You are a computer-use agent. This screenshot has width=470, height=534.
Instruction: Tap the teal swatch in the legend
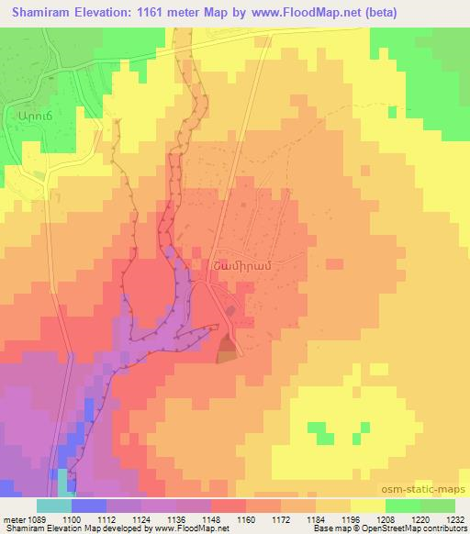click(54, 506)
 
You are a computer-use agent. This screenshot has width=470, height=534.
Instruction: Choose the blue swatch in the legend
click(89, 506)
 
